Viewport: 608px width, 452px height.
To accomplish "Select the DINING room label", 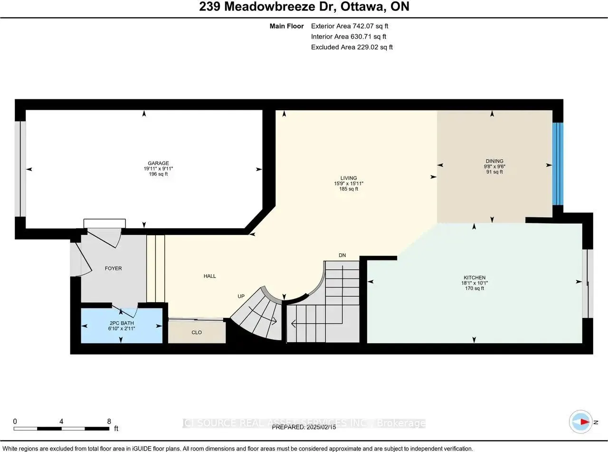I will (494, 161).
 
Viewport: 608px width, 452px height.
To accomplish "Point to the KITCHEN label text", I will (475, 278).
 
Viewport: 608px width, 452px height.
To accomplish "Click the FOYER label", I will (113, 269).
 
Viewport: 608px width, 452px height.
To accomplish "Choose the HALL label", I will (209, 276).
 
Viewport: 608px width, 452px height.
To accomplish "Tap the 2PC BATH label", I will (120, 323).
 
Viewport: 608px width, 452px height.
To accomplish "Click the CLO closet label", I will (197, 332).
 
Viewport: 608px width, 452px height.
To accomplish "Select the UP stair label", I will (241, 296).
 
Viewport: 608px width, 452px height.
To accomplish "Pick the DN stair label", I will (342, 255).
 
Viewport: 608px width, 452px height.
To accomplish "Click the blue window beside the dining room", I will (558, 163).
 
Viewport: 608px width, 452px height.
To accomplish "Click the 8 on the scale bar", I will (109, 421).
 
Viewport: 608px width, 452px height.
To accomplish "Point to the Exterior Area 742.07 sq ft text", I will (352, 26).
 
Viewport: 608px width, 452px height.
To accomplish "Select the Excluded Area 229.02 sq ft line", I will (351, 47).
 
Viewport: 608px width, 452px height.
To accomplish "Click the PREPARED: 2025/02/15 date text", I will (304, 427).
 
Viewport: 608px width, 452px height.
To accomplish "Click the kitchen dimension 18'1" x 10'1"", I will (475, 283).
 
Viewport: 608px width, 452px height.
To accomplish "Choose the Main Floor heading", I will (286, 26).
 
